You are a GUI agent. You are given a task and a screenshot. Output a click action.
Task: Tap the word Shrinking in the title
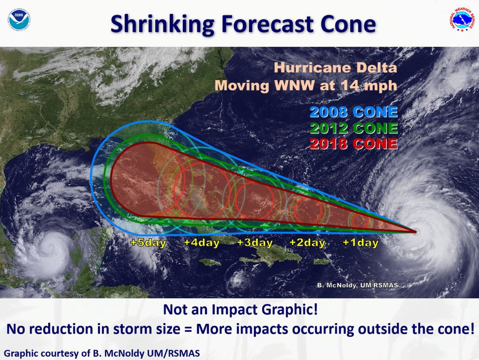coord(162,24)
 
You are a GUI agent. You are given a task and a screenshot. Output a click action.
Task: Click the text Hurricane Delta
coord(335,68)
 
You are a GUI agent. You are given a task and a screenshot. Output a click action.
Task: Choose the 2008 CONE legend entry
coord(353,112)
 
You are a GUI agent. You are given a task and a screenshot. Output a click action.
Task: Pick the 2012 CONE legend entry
coord(353,128)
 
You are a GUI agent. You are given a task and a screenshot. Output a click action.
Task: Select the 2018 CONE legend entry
coord(353,144)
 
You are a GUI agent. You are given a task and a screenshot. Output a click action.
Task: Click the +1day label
coord(360,243)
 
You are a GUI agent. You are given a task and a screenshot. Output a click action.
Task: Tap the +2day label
coord(307,243)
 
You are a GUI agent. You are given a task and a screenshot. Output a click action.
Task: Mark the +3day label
coord(255,243)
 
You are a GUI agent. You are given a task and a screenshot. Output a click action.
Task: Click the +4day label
coord(202,243)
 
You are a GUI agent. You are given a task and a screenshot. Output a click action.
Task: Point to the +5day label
coord(148,243)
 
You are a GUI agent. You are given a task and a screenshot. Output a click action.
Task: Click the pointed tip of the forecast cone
coord(415,231)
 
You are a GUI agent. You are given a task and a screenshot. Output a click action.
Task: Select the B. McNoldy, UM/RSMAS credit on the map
coord(357,286)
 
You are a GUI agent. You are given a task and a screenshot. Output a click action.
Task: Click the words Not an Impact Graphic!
coord(240,310)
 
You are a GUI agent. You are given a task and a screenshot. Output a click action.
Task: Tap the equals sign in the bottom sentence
coord(188,329)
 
